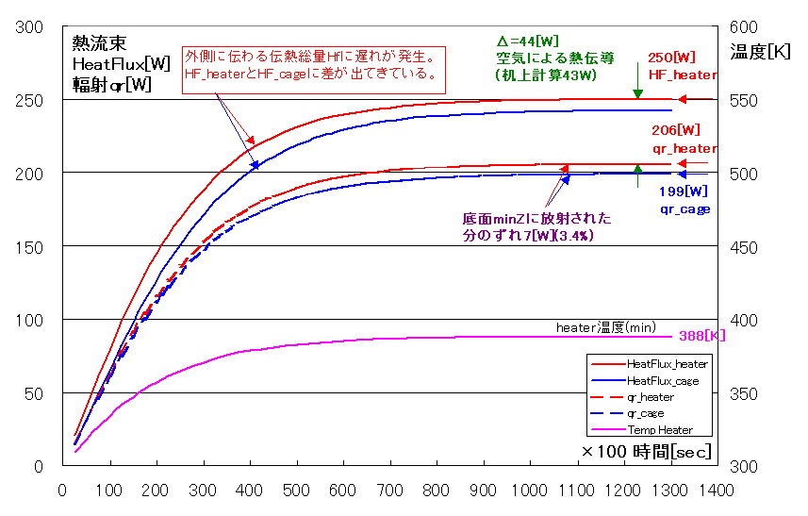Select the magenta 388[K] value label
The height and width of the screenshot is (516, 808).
pos(696,337)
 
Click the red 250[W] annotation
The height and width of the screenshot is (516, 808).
pos(672,58)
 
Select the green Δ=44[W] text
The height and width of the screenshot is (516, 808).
pos(528,42)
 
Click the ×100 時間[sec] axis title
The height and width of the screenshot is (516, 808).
pos(645,452)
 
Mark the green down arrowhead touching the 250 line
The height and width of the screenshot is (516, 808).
pos(638,93)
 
